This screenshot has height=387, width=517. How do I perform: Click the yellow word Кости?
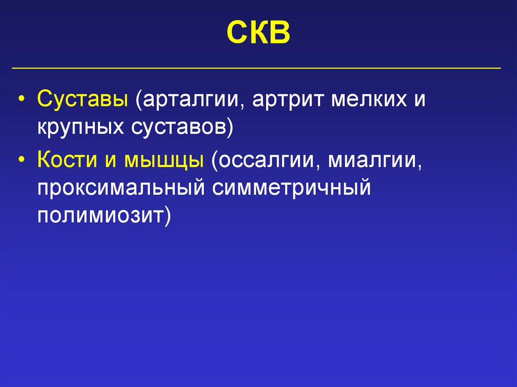tap(65, 162)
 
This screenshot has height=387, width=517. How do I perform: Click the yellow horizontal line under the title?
tap(258, 68)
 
